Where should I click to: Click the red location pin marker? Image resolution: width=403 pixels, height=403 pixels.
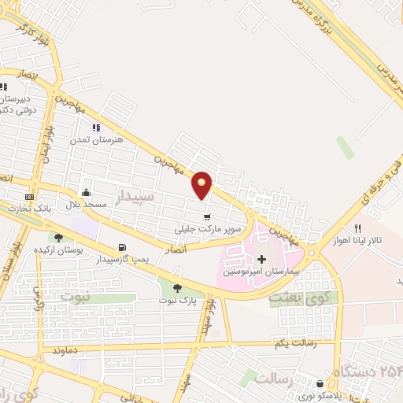203,184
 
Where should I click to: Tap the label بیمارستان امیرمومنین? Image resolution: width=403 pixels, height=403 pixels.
251,271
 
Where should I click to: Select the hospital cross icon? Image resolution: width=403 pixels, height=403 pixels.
261,259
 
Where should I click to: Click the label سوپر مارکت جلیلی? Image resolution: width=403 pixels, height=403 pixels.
206,230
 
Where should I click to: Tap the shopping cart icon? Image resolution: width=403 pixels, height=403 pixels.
207,217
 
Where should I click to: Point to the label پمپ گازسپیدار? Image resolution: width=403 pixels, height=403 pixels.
122,259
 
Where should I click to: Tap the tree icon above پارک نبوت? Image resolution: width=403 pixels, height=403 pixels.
176,288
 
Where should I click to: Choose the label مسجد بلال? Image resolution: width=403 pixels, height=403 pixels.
85,205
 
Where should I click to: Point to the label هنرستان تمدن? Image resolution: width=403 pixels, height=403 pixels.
97,139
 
